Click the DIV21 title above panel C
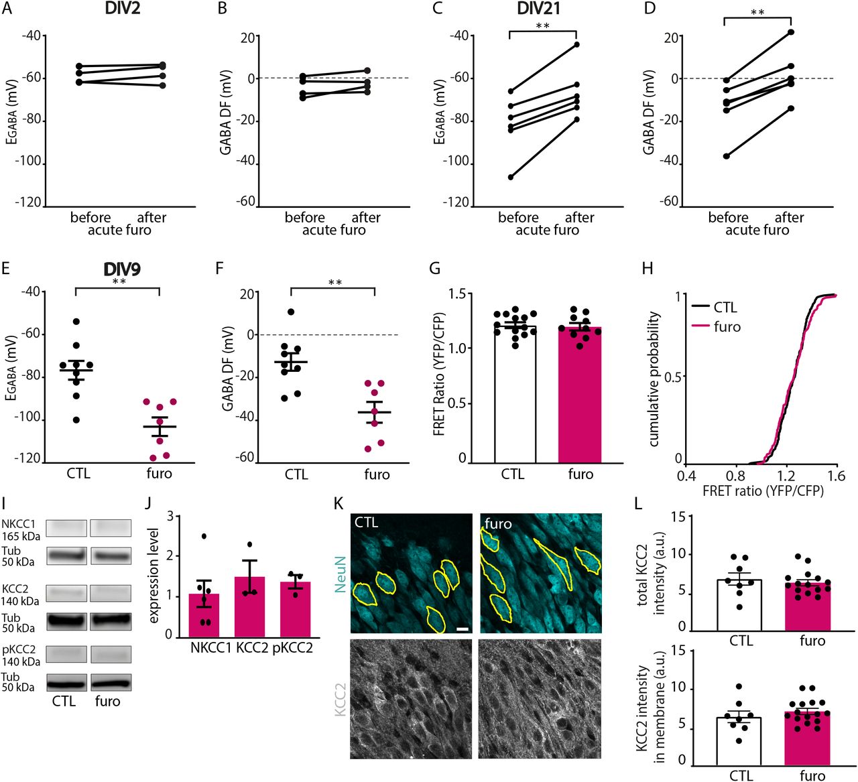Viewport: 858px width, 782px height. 538,9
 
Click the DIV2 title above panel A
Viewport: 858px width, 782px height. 122,9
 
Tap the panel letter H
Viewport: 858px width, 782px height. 648,269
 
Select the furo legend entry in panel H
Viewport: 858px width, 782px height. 727,327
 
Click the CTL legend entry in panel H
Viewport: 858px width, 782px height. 725,308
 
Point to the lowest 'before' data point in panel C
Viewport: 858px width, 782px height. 511,177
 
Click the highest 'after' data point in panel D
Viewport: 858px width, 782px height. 791,31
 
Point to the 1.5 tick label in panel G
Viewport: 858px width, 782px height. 457,294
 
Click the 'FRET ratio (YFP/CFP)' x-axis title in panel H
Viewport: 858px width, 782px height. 763,491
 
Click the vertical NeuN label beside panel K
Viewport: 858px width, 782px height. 341,574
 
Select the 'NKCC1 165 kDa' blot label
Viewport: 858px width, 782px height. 20,529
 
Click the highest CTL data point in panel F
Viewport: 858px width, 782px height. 291,312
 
